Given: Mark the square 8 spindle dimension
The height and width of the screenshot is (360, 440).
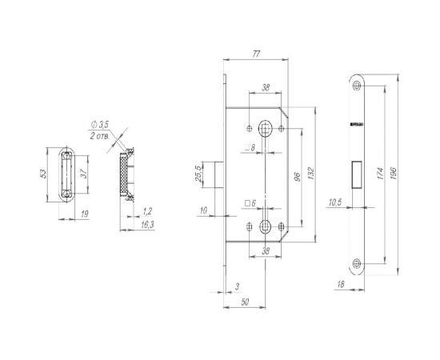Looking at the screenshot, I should tap(250, 148).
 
